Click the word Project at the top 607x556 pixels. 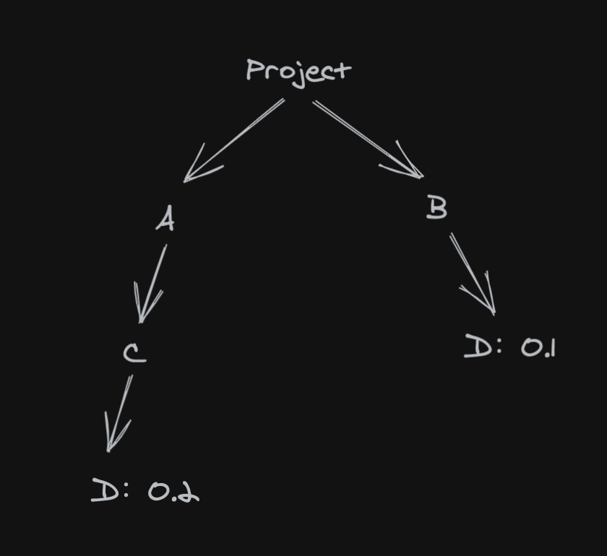point(298,71)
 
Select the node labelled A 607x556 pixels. point(165,219)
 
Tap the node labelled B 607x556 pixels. point(436,208)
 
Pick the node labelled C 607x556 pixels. point(134,353)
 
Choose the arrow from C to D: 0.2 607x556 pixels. point(120,412)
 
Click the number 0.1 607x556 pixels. point(538,349)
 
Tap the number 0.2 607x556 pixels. point(173,492)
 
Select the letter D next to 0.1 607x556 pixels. point(478,347)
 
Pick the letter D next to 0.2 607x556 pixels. point(105,490)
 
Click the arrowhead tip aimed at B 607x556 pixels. point(422,176)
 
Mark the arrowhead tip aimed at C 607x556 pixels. point(141,322)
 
